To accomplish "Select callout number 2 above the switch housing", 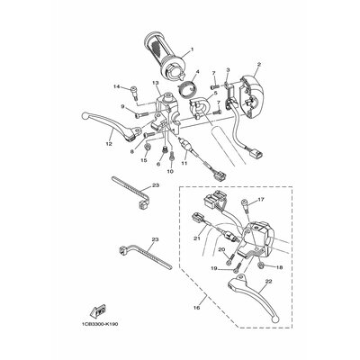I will click(259, 65).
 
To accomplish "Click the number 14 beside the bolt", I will click(116, 86).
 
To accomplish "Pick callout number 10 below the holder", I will click(170, 169).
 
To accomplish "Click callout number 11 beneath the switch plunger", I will click(184, 166).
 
